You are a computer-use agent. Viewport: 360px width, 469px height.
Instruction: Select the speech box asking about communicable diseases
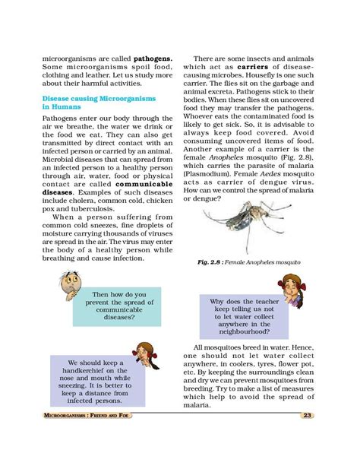pyautogui.click(x=118, y=306)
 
